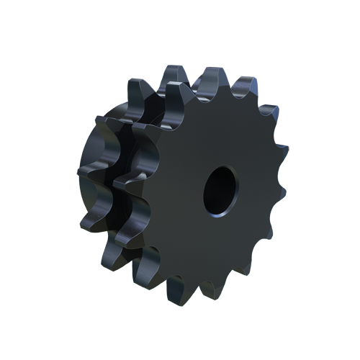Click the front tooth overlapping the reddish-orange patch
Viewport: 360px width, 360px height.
(278, 148)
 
